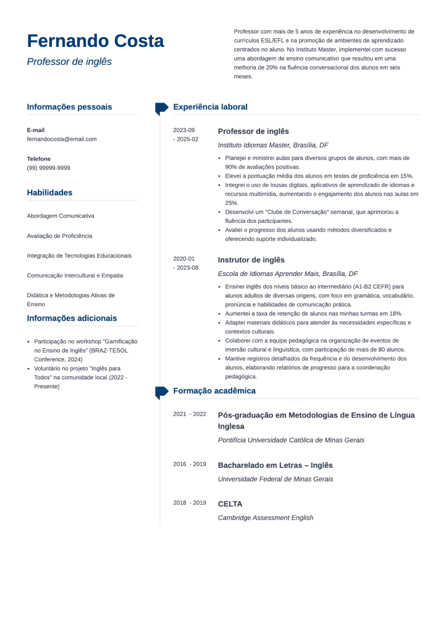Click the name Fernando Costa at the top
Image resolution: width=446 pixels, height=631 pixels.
95,41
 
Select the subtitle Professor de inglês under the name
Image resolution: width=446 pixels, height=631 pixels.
69,62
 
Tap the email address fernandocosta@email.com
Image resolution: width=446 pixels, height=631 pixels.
62,139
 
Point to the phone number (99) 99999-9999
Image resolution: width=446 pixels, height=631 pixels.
49,168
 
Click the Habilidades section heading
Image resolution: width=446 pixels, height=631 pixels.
49,193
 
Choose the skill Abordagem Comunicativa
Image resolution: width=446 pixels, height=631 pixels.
61,216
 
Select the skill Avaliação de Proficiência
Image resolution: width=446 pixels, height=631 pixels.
59,236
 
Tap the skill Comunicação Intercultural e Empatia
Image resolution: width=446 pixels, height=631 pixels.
75,275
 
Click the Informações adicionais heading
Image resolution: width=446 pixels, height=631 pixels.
72,319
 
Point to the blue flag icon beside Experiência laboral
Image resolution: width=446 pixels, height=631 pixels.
161,108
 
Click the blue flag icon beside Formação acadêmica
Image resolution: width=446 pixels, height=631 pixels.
161,391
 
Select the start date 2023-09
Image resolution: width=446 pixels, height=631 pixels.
184,130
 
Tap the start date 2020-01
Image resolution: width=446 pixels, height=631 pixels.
184,259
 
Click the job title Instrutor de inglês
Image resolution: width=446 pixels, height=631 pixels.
251,260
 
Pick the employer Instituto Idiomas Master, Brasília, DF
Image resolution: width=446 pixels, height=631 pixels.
273,145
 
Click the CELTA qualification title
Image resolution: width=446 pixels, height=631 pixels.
230,504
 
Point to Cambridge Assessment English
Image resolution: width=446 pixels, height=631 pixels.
266,517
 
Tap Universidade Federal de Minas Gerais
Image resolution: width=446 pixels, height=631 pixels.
276,479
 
